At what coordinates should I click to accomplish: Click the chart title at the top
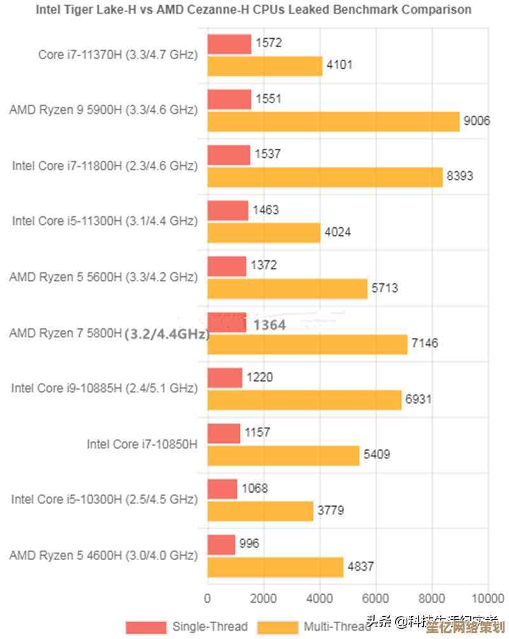pos(254,10)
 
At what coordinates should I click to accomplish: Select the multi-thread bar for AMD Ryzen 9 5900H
pos(333,121)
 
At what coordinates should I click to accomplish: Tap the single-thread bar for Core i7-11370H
pos(229,44)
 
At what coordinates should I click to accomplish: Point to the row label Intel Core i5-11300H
pos(105,221)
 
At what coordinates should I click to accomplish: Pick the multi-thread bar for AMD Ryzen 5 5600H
pos(287,288)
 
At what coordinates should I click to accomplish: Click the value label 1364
pos(269,325)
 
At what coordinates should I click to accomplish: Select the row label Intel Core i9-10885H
pos(104,388)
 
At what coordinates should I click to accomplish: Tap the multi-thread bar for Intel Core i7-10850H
pos(283,455)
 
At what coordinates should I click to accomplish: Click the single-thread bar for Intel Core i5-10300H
pos(222,489)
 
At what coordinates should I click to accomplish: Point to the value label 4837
pos(360,566)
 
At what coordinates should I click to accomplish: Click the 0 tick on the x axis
pos(207,598)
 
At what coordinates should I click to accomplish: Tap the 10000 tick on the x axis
pos(487,598)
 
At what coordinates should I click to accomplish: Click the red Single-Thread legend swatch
pos(146,626)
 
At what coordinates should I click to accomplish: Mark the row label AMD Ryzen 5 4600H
pos(103,555)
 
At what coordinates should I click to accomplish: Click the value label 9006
pos(477,121)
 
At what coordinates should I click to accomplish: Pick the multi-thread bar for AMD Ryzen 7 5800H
pos(307,344)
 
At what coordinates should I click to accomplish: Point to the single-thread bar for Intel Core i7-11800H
pos(228,155)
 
